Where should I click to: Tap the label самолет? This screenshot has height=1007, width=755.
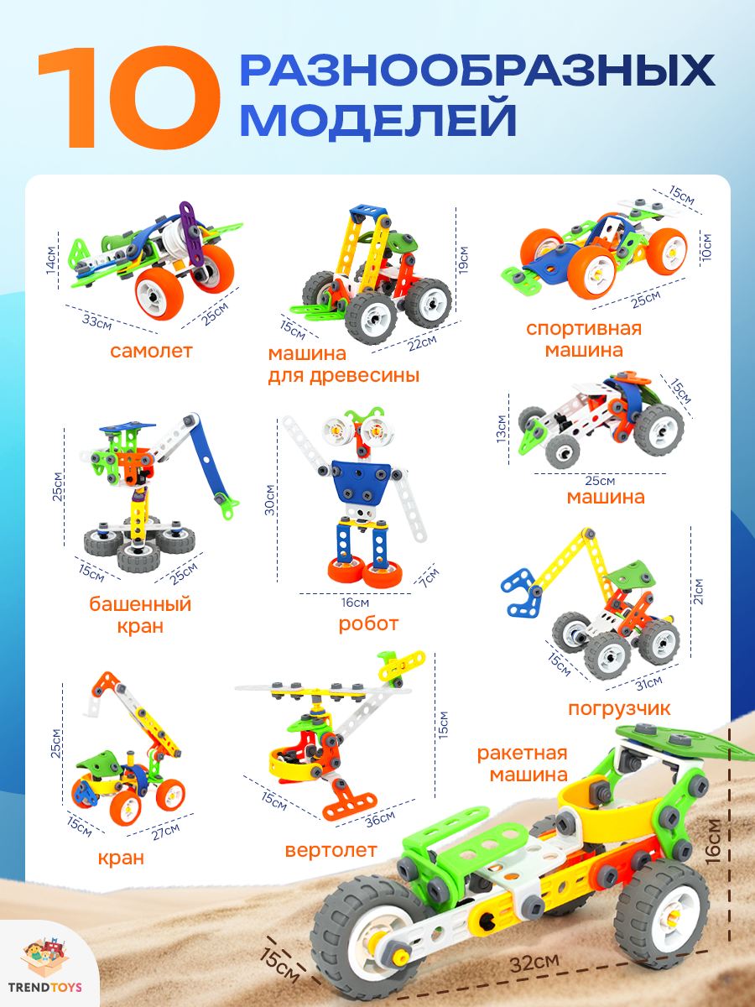[x=151, y=351]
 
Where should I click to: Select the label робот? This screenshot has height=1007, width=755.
[x=368, y=624]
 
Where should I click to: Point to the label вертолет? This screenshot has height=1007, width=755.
[x=331, y=850]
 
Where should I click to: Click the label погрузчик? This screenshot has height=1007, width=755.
[x=620, y=708]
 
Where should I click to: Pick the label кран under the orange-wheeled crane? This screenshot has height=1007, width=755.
[x=120, y=858]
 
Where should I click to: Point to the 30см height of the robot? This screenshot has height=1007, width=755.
[x=271, y=499]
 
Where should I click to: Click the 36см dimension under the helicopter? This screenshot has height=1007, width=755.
[x=381, y=818]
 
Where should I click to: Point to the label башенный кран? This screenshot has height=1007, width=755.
[x=140, y=615]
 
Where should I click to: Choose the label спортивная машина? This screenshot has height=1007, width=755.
[x=583, y=339]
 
